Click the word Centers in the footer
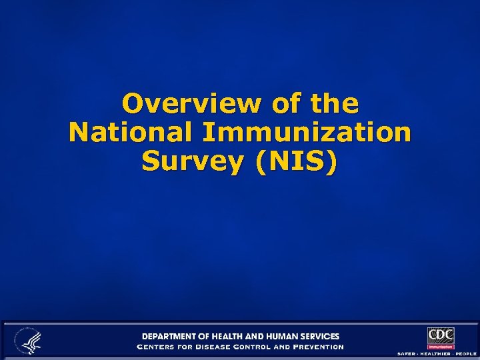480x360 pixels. point(155,347)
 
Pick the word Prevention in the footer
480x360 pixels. point(319,347)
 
